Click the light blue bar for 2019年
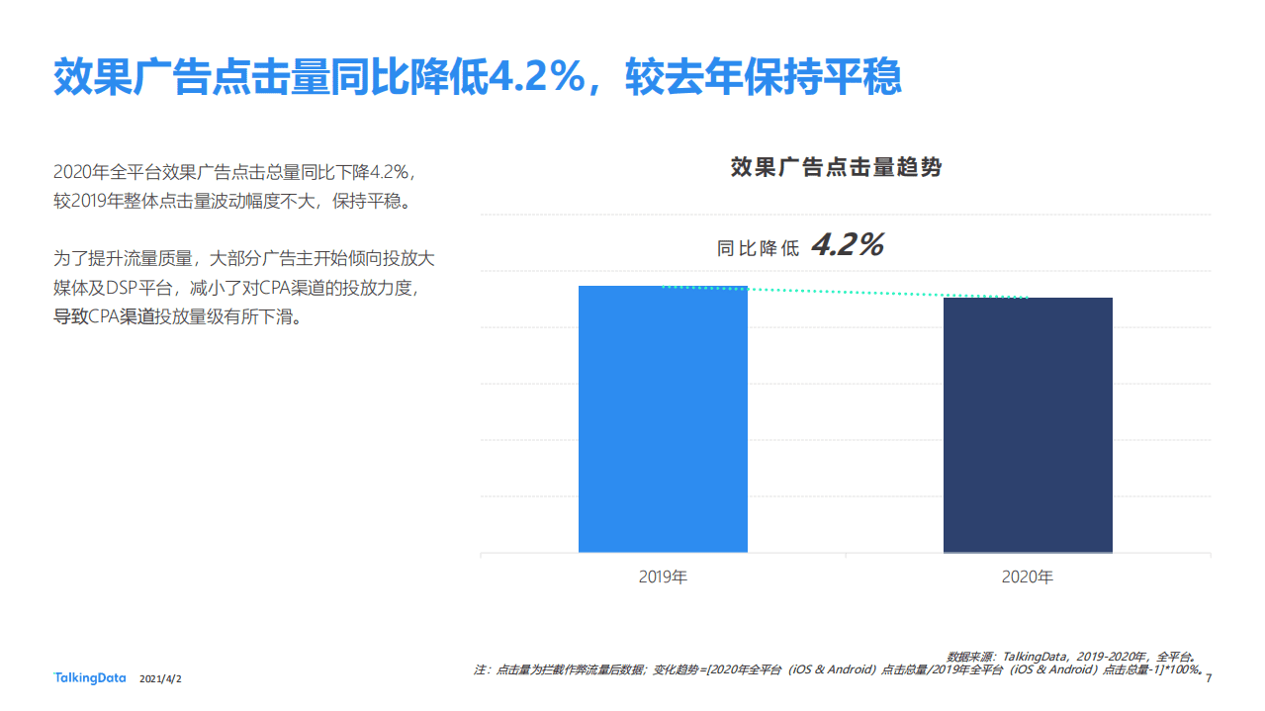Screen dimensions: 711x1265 point(663,419)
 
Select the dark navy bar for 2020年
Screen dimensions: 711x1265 point(1028,425)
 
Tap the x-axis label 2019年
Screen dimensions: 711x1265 point(663,577)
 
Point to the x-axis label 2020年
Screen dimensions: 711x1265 point(1028,577)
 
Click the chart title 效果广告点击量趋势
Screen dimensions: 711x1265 point(836,167)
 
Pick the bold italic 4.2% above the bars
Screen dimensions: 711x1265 point(848,244)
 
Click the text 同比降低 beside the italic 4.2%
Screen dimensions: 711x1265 point(758,248)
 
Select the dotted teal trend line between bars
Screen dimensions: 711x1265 point(846,293)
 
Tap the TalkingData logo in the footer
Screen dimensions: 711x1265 point(89,678)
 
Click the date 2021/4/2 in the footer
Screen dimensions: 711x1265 point(161,679)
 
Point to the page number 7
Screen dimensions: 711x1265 point(1210,678)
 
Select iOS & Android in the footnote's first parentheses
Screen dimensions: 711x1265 point(832,670)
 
